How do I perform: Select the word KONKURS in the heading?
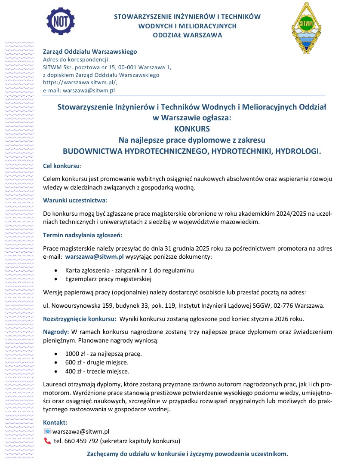(x=192, y=128)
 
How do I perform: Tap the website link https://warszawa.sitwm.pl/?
(x=80, y=83)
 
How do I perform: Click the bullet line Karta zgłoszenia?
(x=129, y=270)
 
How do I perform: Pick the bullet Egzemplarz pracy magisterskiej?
(x=109, y=279)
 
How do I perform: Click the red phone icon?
(x=47, y=441)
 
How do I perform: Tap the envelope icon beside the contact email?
(x=47, y=431)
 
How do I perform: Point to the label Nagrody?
(x=56, y=332)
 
